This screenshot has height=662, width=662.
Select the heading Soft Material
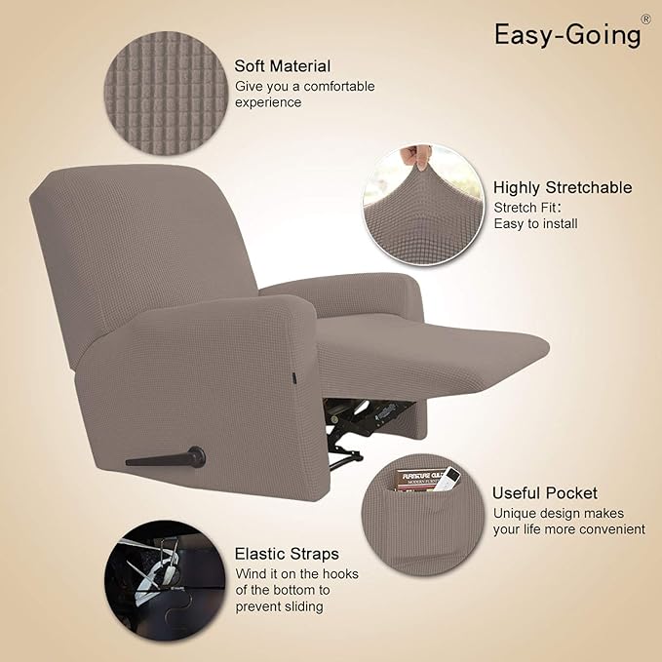coord(282,66)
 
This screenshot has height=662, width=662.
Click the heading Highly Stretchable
coord(562,187)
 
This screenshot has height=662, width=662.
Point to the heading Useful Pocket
coord(544,492)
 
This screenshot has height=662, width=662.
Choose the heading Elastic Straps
coord(287,554)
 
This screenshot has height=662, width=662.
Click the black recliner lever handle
coord(166,456)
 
